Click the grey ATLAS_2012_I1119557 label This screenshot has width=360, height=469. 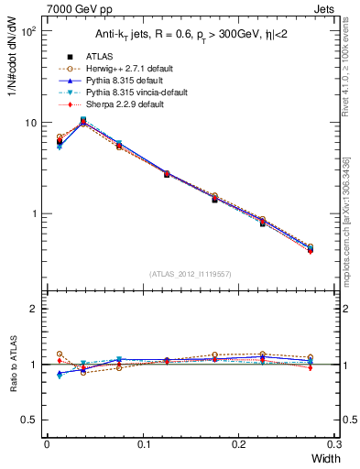coord(190,273)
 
